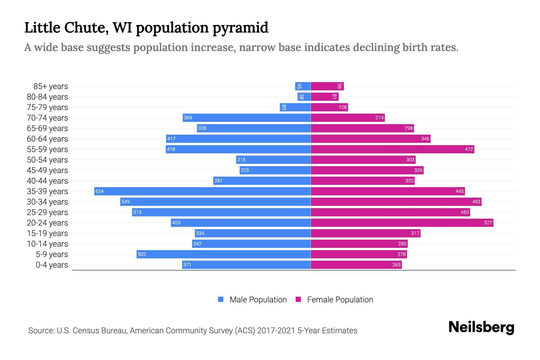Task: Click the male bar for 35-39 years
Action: click(202, 191)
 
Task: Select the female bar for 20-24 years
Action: click(402, 223)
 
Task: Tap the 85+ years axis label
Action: click(51, 86)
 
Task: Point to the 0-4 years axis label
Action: click(52, 265)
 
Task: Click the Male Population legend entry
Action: click(258, 300)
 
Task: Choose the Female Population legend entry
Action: click(340, 300)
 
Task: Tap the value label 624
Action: click(99, 191)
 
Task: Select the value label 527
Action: click(488, 223)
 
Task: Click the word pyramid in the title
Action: click(240, 28)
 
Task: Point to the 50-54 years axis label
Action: click(47, 160)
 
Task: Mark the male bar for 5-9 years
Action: click(223, 254)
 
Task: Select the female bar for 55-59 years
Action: click(392, 149)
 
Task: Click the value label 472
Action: click(469, 149)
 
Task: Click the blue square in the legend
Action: click(221, 299)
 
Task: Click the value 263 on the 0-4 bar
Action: click(396, 265)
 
